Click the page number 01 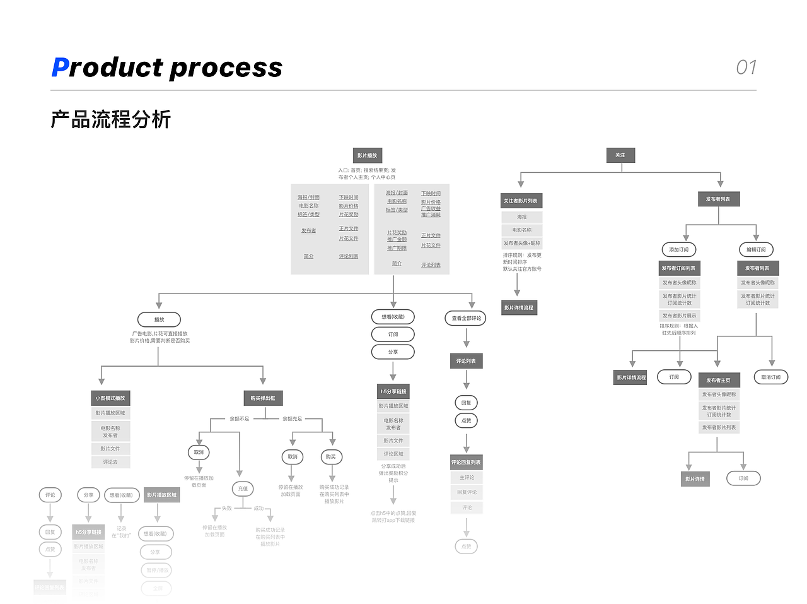coord(746,68)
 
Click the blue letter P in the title coord(60,68)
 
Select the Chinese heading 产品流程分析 coord(111,119)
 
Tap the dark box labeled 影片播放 coord(367,155)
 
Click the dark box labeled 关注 coord(620,155)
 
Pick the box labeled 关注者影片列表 coord(521,201)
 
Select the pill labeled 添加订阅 coord(679,249)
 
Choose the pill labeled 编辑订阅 coord(756,249)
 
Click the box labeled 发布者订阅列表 coord(678,268)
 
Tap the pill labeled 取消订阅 coord(770,377)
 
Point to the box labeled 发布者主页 coord(718,380)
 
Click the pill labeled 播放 coord(159,319)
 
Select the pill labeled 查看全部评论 coord(467,318)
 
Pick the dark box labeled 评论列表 coord(466,361)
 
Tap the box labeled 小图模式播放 coord(110,398)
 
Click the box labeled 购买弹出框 coord(263,398)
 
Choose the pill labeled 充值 coord(243,489)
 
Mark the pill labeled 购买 coord(331,456)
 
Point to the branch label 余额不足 coord(239,418)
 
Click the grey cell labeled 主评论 coord(467,478)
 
